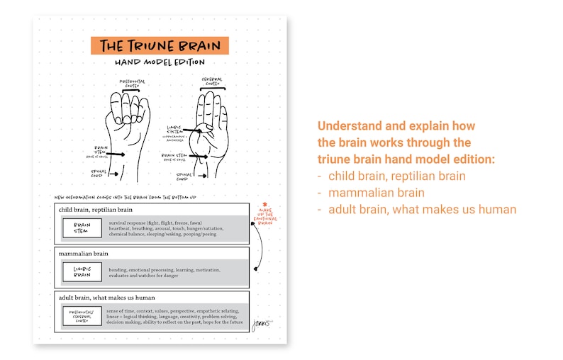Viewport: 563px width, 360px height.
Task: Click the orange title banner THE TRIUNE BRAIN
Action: [x=160, y=46]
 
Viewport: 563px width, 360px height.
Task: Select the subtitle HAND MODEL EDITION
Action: [x=160, y=63]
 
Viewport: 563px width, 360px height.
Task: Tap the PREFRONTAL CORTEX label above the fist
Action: [x=133, y=84]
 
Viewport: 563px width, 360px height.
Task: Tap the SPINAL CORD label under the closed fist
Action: [x=99, y=172]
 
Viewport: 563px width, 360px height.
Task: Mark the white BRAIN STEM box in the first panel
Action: [x=83, y=227]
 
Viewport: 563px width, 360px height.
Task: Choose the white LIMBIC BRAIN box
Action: [x=83, y=271]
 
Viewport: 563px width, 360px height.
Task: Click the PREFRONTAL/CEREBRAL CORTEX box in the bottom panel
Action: [x=83, y=315]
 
